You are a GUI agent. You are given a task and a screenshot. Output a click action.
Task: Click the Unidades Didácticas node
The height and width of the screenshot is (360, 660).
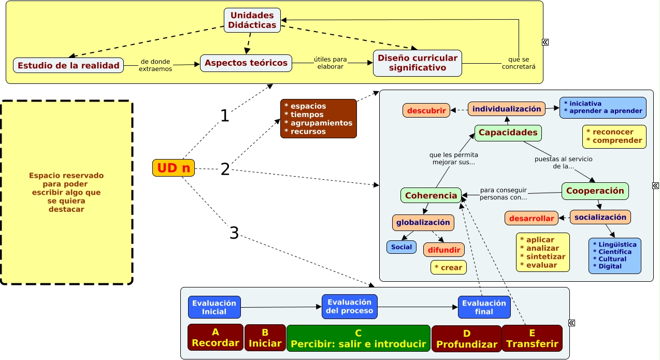[x=252, y=20]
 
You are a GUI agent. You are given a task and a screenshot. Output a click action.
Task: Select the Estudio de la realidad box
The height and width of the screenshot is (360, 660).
[x=68, y=65]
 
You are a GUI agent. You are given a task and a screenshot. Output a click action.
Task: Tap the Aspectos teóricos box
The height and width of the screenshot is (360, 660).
[x=246, y=63]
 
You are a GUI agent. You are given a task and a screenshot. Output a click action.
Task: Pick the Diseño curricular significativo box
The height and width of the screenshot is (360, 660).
[x=417, y=63]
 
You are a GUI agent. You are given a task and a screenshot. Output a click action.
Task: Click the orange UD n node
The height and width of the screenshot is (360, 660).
[x=174, y=168]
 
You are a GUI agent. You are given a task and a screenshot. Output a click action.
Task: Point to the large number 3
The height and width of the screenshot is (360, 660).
[x=234, y=233]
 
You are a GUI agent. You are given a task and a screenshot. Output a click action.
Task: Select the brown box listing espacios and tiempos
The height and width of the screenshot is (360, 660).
[x=319, y=119]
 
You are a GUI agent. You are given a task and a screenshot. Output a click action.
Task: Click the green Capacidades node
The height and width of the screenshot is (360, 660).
[x=508, y=133]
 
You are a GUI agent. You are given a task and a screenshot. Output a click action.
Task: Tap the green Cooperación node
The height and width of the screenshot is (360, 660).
[x=595, y=191]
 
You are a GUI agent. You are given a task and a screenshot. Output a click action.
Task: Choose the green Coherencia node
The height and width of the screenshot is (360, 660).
[x=431, y=195]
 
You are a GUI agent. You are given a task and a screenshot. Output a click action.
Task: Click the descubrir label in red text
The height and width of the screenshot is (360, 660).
[x=426, y=110]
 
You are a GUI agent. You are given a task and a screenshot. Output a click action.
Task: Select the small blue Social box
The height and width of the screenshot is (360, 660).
[x=401, y=247]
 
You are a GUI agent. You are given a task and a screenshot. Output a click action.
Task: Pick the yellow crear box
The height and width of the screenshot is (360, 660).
[x=448, y=267]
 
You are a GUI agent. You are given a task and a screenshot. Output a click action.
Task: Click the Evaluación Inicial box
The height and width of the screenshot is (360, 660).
[x=214, y=307]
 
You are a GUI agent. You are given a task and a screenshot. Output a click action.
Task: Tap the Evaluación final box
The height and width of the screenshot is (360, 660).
[x=484, y=307]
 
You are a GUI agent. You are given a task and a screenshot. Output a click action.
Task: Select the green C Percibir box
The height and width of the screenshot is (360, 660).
[x=358, y=338]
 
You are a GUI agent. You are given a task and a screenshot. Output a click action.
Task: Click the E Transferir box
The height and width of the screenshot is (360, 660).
[x=532, y=338]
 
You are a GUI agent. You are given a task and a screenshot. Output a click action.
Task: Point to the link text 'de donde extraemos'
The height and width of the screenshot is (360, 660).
[x=155, y=65]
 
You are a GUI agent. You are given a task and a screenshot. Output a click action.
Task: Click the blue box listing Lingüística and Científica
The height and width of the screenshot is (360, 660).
[x=614, y=255]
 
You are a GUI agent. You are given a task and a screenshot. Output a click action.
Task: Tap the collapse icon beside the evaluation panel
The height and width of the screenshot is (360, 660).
[x=571, y=323]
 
